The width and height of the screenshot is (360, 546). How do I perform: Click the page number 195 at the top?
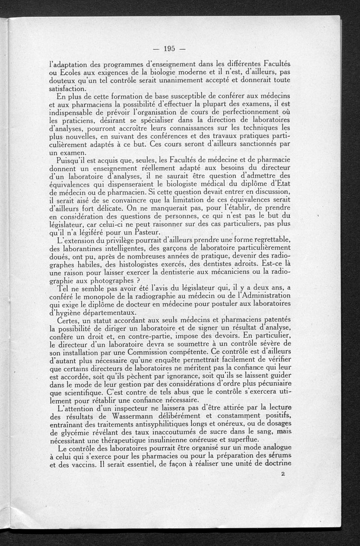click(x=169, y=49)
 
